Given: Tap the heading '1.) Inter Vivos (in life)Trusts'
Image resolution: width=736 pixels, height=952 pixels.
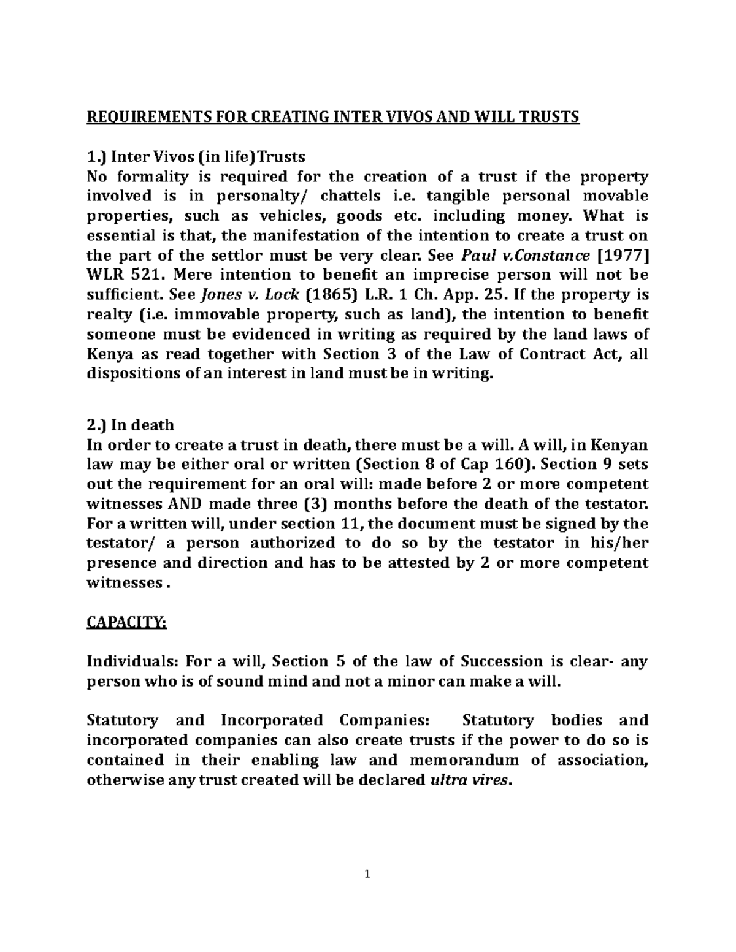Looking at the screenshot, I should (196, 156).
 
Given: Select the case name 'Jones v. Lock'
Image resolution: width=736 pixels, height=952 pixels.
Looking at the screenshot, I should (250, 295).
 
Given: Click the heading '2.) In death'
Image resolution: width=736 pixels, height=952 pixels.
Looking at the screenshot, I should (131, 425).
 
